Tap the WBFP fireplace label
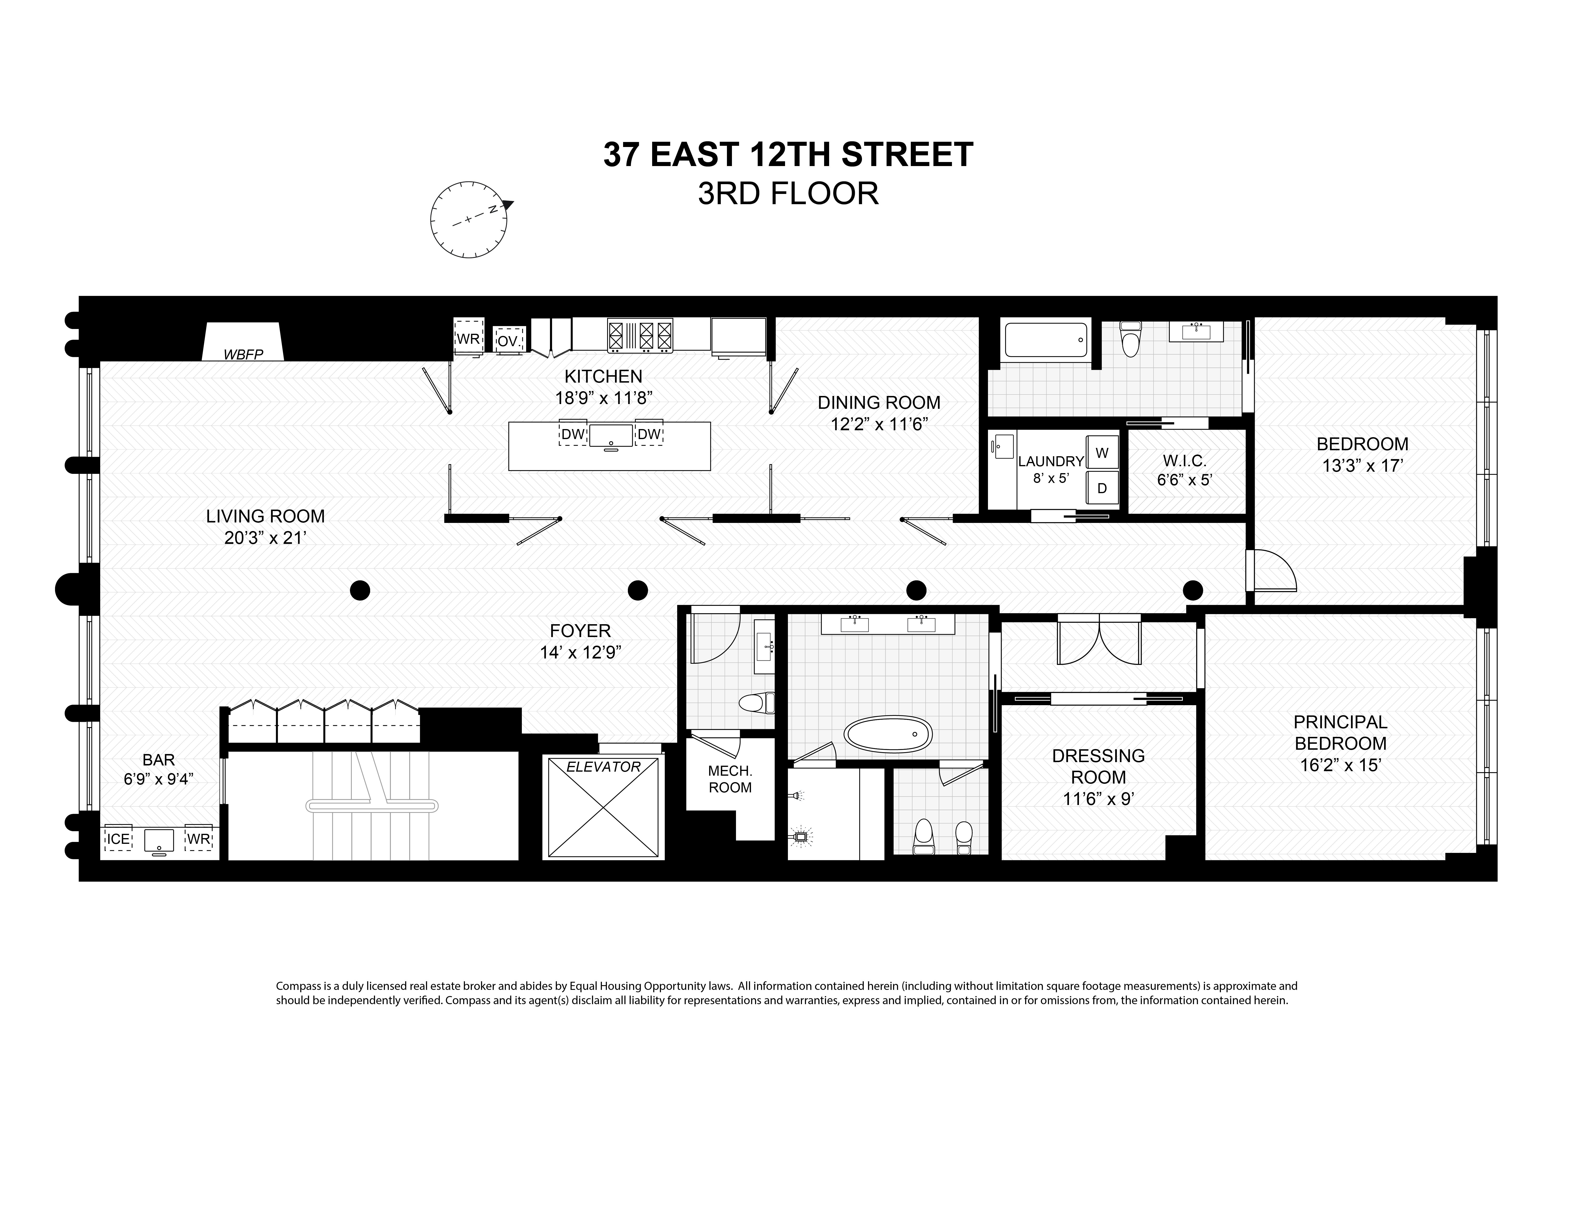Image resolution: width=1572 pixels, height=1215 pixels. coord(243,354)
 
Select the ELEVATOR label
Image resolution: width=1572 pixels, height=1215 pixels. coord(603,767)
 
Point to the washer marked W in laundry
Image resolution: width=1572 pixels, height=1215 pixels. coord(1102,453)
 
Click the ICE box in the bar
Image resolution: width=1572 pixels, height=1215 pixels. coord(118,839)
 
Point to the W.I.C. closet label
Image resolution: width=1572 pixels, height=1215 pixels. coord(1185,461)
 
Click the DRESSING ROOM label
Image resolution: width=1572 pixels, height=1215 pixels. coord(1098,767)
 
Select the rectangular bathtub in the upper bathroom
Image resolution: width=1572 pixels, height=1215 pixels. coord(1046,340)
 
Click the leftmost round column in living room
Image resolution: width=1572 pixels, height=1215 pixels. coord(360,590)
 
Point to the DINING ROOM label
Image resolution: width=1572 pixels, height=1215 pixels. coord(879,402)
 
